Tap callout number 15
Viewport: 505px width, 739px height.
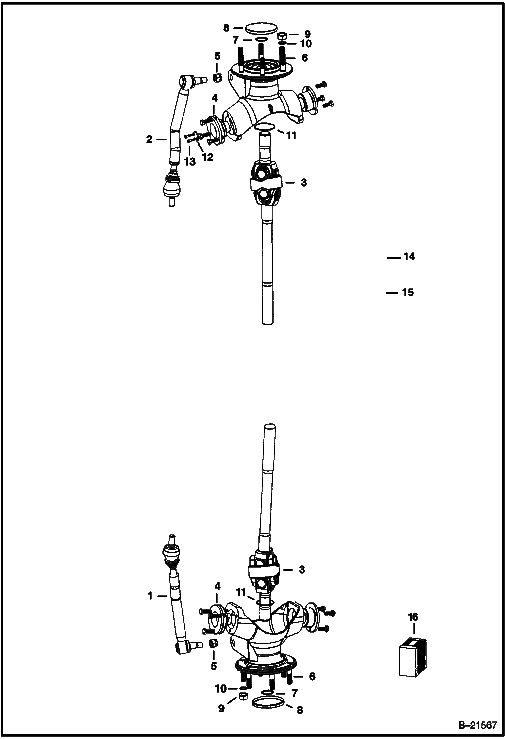point(408,292)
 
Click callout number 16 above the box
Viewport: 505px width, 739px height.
point(413,617)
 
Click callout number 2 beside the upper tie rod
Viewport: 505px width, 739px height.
point(149,139)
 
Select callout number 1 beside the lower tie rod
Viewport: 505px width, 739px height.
point(150,596)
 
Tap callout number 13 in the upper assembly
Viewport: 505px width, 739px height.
point(190,162)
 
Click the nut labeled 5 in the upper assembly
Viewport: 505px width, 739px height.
point(217,78)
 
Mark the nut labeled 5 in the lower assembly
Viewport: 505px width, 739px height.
point(213,644)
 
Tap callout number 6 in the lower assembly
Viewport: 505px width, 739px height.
point(312,676)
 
